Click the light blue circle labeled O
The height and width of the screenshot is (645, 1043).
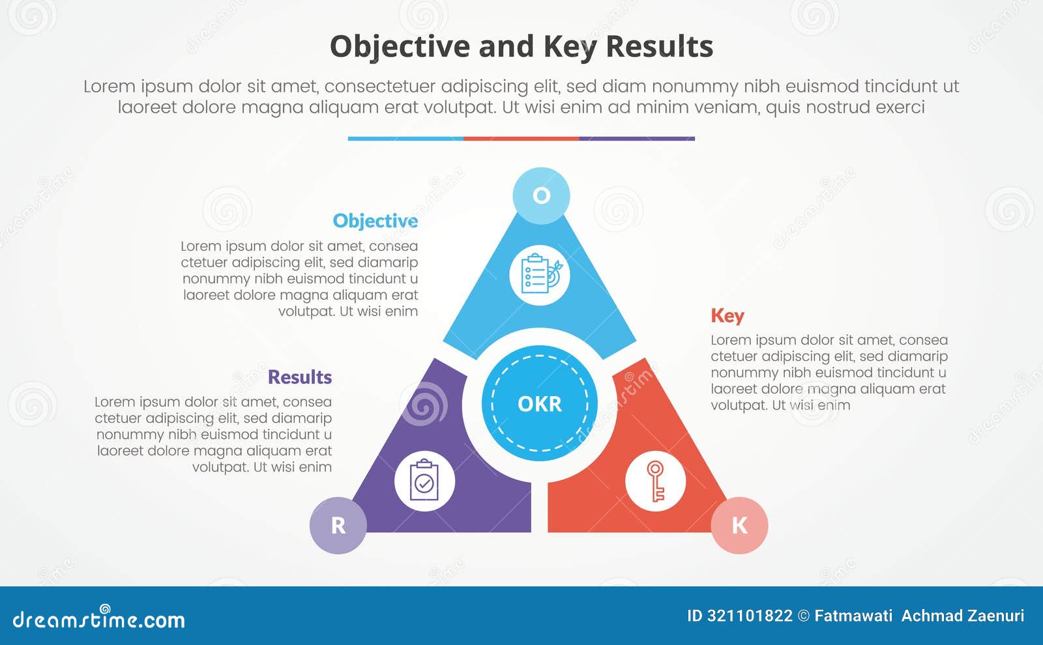pyautogui.click(x=541, y=195)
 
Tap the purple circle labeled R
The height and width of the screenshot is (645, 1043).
pyautogui.click(x=338, y=525)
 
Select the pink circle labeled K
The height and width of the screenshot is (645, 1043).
pyautogui.click(x=739, y=525)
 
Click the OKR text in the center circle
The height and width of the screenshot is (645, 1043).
pyautogui.click(x=539, y=404)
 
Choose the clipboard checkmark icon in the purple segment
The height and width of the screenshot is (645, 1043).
pyautogui.click(x=424, y=481)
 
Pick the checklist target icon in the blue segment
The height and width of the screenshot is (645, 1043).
pyautogui.click(x=540, y=274)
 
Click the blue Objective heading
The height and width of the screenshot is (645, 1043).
pyautogui.click(x=375, y=221)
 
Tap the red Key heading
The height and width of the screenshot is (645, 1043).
pyautogui.click(x=727, y=315)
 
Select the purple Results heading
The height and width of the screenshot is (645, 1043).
pyautogui.click(x=299, y=377)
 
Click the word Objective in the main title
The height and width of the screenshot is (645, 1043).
pyautogui.click(x=400, y=47)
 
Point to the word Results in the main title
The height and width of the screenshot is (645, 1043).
pyautogui.click(x=659, y=47)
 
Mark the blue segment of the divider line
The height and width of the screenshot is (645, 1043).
pyautogui.click(x=405, y=139)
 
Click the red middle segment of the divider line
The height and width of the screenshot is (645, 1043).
pyautogui.click(x=521, y=139)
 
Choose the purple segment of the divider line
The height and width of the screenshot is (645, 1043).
pyautogui.click(x=637, y=139)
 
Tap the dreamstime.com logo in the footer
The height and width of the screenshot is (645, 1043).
pyautogui.click(x=99, y=619)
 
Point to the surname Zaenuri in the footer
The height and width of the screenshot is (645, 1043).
pyautogui.click(x=995, y=616)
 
